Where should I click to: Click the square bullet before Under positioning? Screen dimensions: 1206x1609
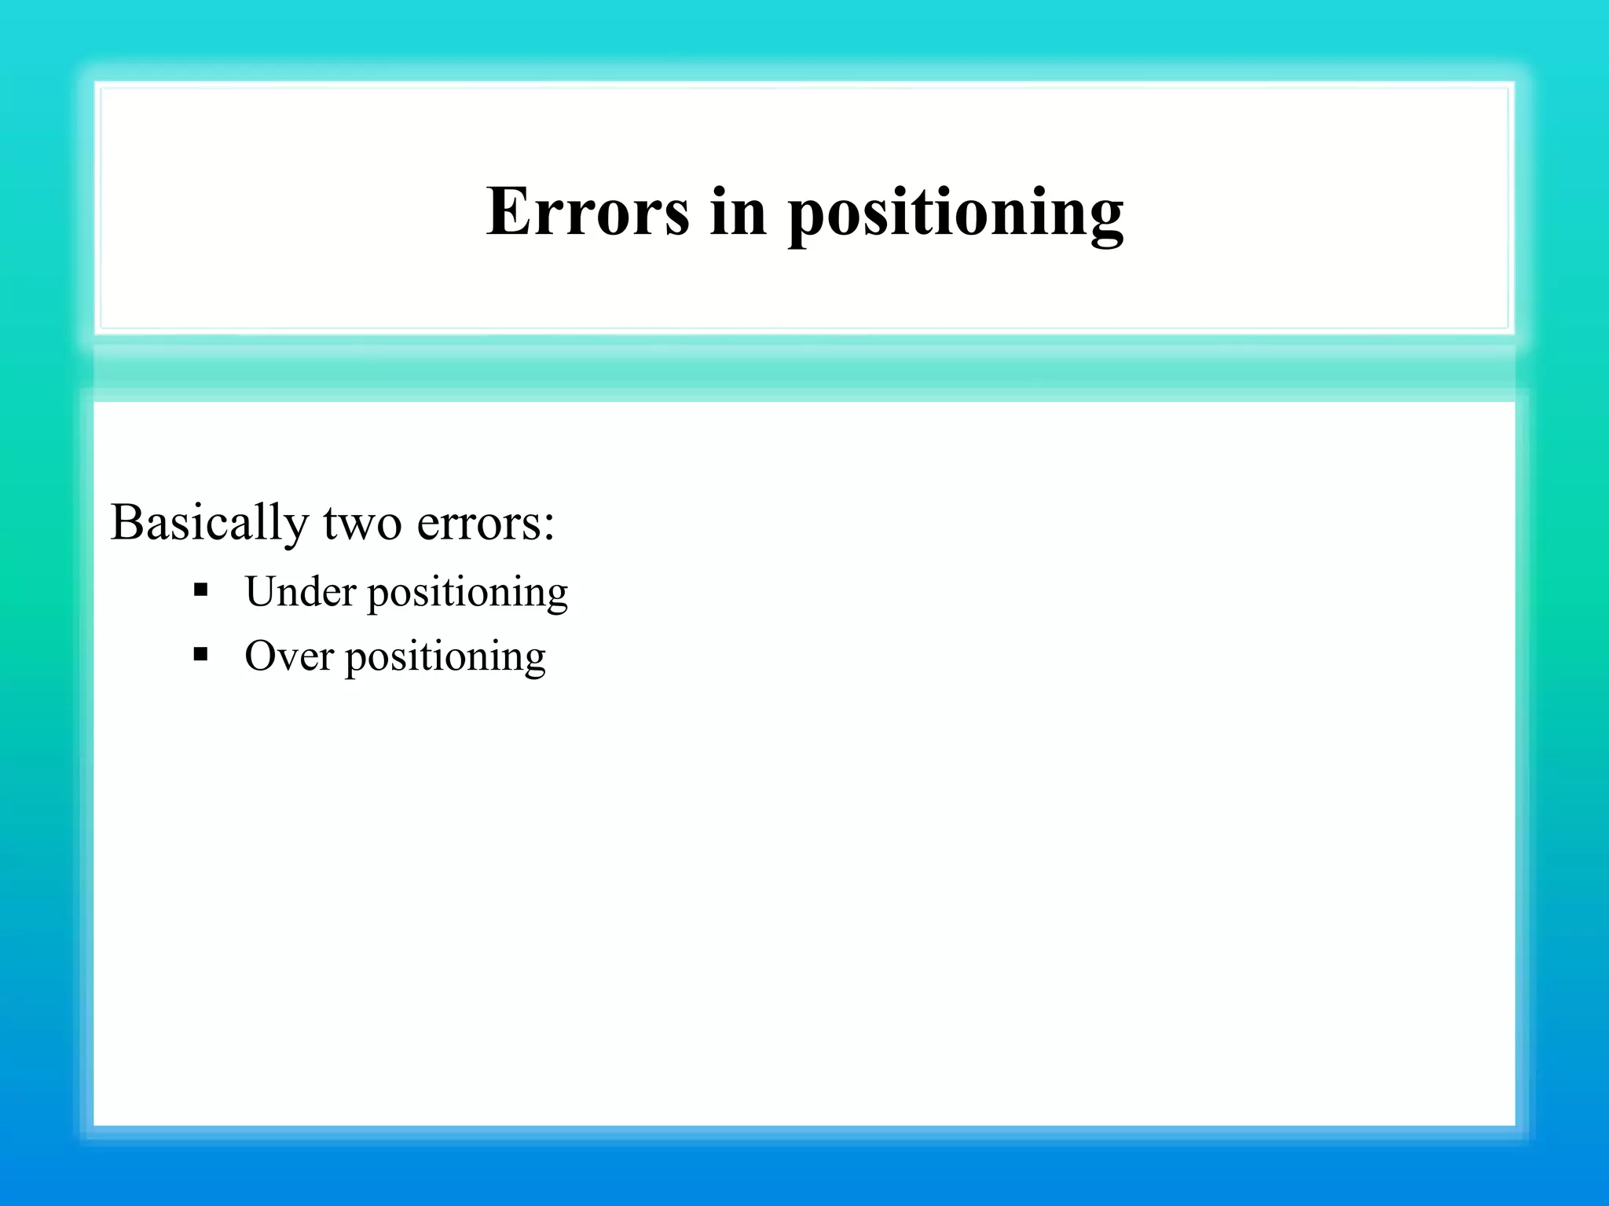click(200, 589)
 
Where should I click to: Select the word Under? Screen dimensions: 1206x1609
click(300, 592)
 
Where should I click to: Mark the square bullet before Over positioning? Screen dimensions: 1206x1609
click(200, 653)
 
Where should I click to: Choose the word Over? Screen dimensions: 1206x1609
click(288, 656)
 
